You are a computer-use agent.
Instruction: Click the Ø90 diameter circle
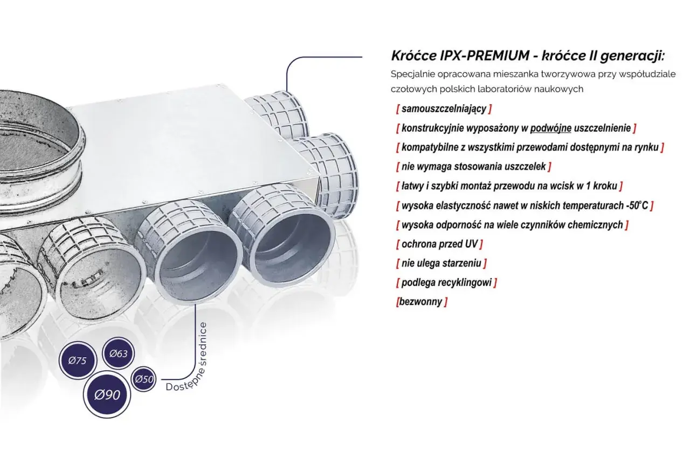[107, 394]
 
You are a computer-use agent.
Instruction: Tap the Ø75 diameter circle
[78, 360]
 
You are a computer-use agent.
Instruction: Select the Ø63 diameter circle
[118, 353]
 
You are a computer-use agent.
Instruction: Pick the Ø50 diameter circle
[143, 379]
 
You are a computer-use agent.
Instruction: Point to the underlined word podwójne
[551, 128]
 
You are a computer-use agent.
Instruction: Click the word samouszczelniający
[444, 109]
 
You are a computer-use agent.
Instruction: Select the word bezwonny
[421, 302]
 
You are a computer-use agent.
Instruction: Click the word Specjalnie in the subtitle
[409, 74]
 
